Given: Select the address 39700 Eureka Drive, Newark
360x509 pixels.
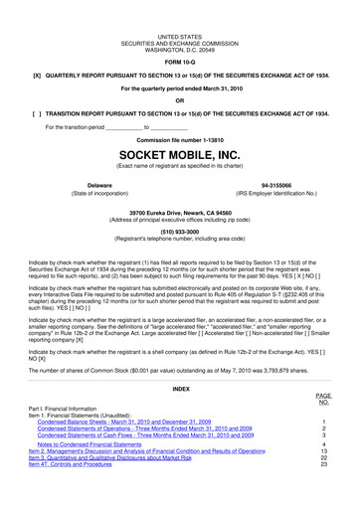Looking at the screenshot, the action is coord(180,211).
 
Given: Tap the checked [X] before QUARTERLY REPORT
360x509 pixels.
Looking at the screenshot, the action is coord(38,75).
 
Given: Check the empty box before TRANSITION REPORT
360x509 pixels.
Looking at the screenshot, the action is coord(38,113).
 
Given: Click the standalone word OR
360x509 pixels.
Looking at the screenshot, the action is coord(180,100).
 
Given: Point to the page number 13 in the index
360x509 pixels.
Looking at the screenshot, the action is coord(324,450).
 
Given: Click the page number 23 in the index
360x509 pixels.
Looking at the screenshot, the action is coord(324,464).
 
